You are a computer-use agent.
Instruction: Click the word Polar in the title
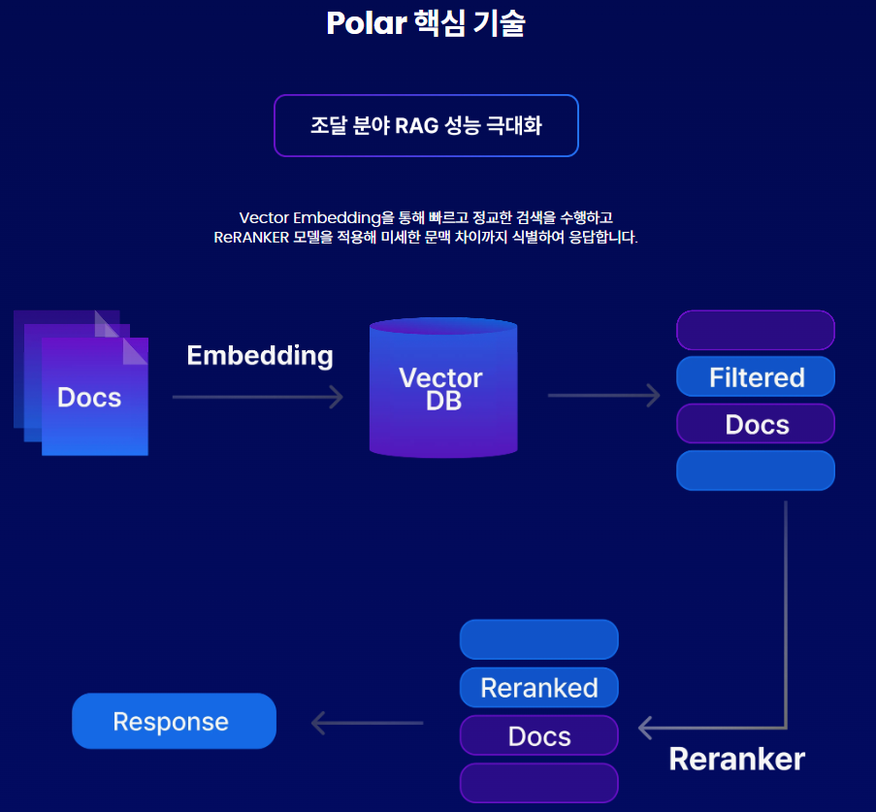364,23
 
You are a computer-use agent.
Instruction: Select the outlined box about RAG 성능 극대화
426,125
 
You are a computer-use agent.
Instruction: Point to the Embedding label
260,355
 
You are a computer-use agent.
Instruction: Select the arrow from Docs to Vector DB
258,397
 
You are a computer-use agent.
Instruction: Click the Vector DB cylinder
442,388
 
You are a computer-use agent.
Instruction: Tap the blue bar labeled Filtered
756,376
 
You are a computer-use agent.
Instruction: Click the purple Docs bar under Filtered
756,424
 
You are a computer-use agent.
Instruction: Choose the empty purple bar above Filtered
756,330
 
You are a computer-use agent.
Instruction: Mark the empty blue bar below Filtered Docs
756,471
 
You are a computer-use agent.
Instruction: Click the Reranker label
737,759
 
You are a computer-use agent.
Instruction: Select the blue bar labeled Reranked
538,688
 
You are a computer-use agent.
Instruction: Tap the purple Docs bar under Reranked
538,735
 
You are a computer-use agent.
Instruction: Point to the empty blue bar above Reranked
538,640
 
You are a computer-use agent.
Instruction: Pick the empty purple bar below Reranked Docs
538,783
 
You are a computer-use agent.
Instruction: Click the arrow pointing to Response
368,723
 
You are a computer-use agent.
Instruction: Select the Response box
175,722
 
